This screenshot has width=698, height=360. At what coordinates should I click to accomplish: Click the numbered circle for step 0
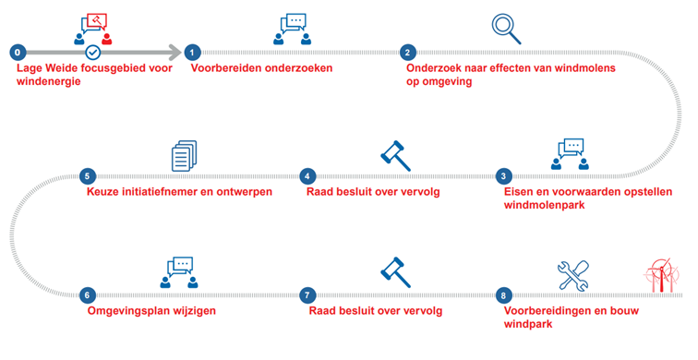click(19, 53)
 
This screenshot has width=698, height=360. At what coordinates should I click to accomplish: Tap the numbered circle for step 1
click(192, 53)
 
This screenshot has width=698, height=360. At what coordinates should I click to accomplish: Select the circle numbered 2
click(409, 53)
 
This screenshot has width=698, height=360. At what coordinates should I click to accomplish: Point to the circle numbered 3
click(503, 175)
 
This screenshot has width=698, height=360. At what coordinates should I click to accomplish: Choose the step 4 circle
click(307, 175)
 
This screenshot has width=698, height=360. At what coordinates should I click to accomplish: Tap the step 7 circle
click(307, 295)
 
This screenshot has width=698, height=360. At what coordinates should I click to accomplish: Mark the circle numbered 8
click(503, 295)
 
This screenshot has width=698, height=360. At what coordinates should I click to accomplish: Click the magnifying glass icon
click(506, 28)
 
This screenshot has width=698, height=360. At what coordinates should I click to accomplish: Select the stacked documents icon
click(185, 154)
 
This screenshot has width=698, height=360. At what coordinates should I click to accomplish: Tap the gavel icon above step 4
click(395, 154)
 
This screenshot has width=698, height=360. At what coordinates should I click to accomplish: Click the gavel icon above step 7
click(395, 271)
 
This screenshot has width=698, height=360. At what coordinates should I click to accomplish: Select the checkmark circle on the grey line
click(92, 53)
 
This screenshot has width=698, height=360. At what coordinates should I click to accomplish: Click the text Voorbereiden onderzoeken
click(261, 68)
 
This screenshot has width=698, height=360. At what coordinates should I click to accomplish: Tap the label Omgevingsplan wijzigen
click(151, 311)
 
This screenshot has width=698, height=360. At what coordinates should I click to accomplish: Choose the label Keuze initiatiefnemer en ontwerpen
click(179, 191)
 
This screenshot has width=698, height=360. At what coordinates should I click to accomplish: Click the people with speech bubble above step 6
click(178, 270)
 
